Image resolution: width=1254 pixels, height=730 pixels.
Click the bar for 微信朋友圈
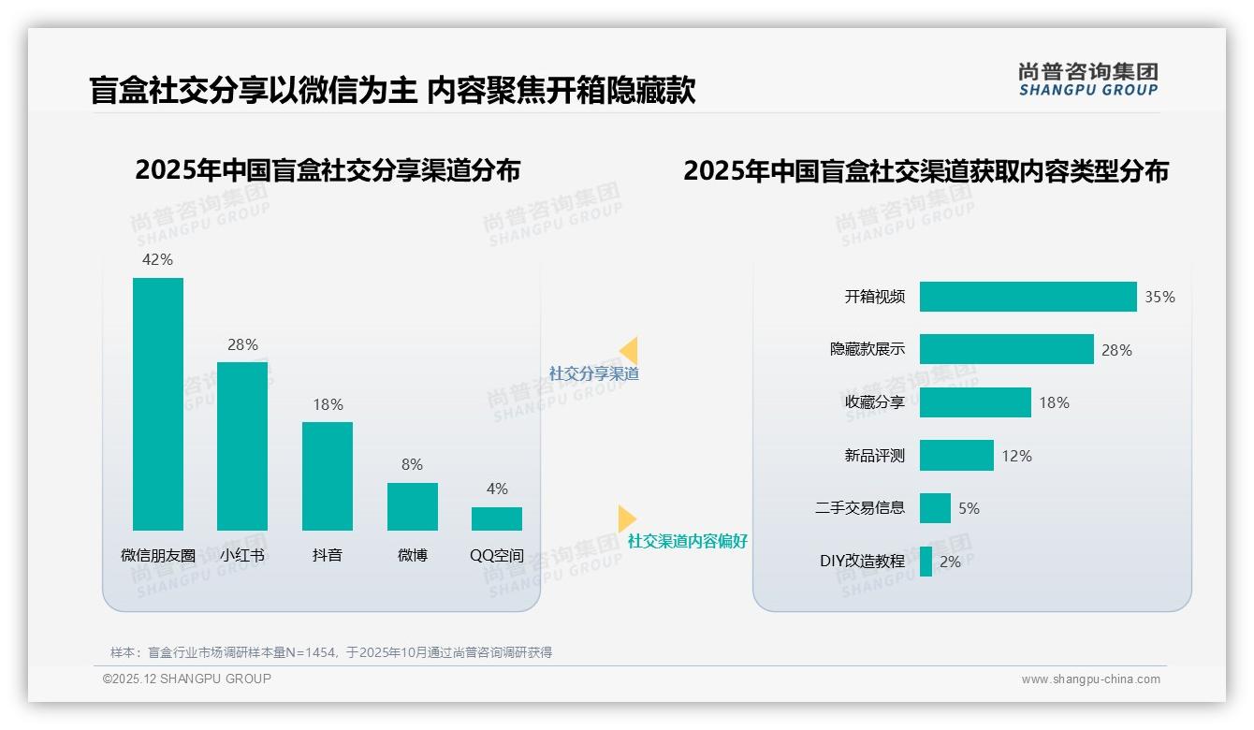click(x=158, y=403)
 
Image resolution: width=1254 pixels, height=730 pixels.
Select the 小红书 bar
click(x=242, y=445)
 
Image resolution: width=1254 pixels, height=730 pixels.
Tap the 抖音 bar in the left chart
click(x=328, y=475)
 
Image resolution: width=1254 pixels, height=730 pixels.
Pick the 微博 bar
click(x=413, y=506)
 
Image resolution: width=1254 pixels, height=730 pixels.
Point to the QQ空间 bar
click(x=497, y=518)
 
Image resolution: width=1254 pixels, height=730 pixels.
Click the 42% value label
click(x=157, y=259)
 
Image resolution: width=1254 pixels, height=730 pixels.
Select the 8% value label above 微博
click(x=412, y=464)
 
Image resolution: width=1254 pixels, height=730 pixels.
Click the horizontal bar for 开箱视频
click(x=1028, y=297)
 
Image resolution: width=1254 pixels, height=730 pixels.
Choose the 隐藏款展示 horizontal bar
click(x=1006, y=349)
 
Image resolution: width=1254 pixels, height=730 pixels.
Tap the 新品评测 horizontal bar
click(x=956, y=456)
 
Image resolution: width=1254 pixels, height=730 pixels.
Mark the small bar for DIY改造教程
click(x=926, y=562)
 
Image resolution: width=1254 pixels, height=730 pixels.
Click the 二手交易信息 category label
click(x=860, y=508)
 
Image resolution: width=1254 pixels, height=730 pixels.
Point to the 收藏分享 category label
click(x=875, y=402)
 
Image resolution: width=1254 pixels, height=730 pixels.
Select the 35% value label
click(x=1159, y=297)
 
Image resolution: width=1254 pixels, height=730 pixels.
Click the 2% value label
click(x=950, y=562)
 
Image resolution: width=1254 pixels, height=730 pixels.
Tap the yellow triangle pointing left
click(x=629, y=350)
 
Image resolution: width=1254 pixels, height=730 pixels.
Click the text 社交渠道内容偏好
click(x=688, y=541)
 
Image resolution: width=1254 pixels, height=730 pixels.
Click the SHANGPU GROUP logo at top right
click(x=1088, y=80)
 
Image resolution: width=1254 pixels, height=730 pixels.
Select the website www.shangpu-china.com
click(x=1090, y=679)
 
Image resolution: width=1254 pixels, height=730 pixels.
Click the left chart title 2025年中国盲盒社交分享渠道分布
click(x=328, y=170)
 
